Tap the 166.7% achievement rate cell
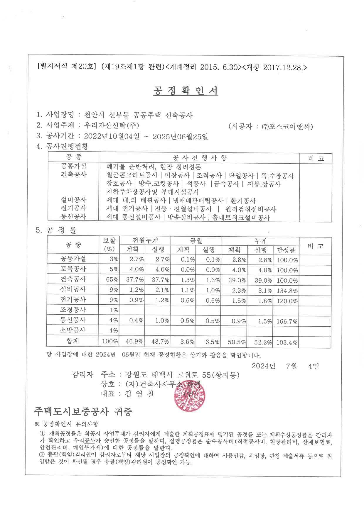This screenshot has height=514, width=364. point(287,321)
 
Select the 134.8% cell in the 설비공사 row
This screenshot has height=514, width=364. point(287,291)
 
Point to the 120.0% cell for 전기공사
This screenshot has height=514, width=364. point(287,301)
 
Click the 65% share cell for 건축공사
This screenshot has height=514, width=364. point(112,280)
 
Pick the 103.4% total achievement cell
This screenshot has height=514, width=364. point(287,342)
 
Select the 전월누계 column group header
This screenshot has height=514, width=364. point(145,241)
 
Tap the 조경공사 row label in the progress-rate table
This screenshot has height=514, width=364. point(73,310)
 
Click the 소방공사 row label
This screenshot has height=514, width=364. point(73,330)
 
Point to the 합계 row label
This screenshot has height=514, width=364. point(73,341)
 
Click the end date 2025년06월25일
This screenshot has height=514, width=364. point(180,137)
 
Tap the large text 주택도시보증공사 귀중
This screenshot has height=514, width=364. point(83,412)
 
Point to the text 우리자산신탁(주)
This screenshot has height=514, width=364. point(112,125)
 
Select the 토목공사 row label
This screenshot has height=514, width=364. point(73,269)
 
